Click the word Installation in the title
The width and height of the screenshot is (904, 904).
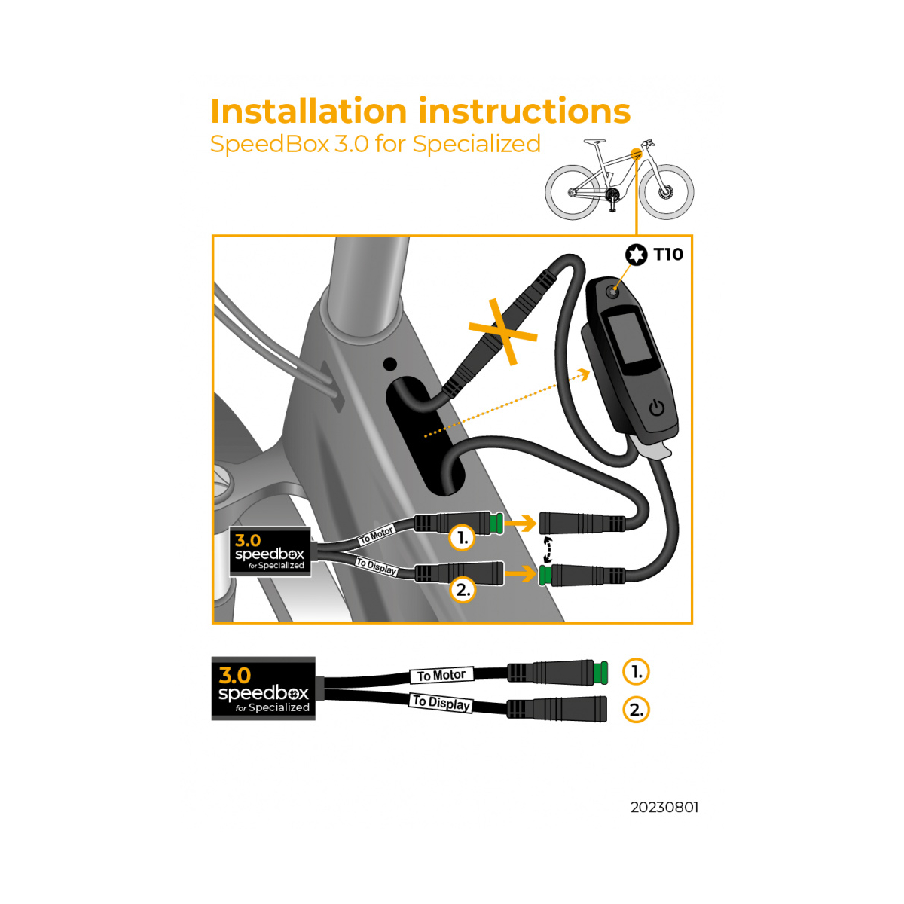point(308,111)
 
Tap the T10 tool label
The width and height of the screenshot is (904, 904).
point(668,255)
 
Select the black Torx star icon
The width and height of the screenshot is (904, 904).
point(636,255)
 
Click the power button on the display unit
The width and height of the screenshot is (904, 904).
point(657,408)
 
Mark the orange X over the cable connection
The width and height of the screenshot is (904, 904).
point(503,331)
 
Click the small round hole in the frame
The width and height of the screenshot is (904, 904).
point(389,364)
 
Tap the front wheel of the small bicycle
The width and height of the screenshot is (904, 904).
point(666,192)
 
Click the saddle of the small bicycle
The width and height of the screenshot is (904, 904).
point(594,141)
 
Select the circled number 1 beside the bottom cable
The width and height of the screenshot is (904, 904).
point(636,672)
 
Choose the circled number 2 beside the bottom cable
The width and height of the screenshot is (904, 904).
point(636,710)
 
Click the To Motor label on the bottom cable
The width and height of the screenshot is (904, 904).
point(441,675)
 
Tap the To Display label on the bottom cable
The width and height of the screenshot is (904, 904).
point(441,703)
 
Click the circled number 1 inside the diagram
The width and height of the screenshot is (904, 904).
point(462,538)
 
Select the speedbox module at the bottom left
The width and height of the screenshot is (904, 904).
point(263,689)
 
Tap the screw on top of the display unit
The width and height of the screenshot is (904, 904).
point(612,292)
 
